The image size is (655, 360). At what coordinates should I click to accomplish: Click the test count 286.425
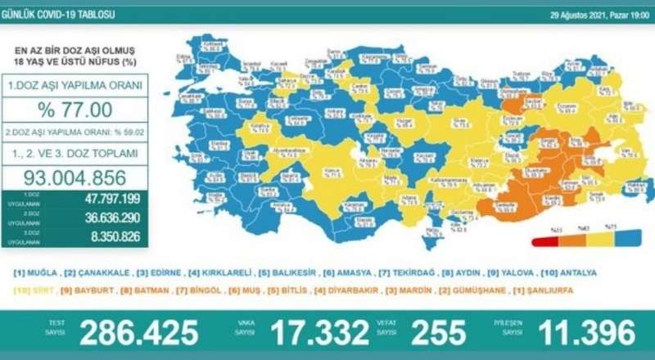(138, 332)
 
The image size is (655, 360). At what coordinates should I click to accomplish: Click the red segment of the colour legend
(544, 241)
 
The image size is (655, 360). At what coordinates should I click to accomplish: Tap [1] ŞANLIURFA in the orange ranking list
(551, 290)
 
